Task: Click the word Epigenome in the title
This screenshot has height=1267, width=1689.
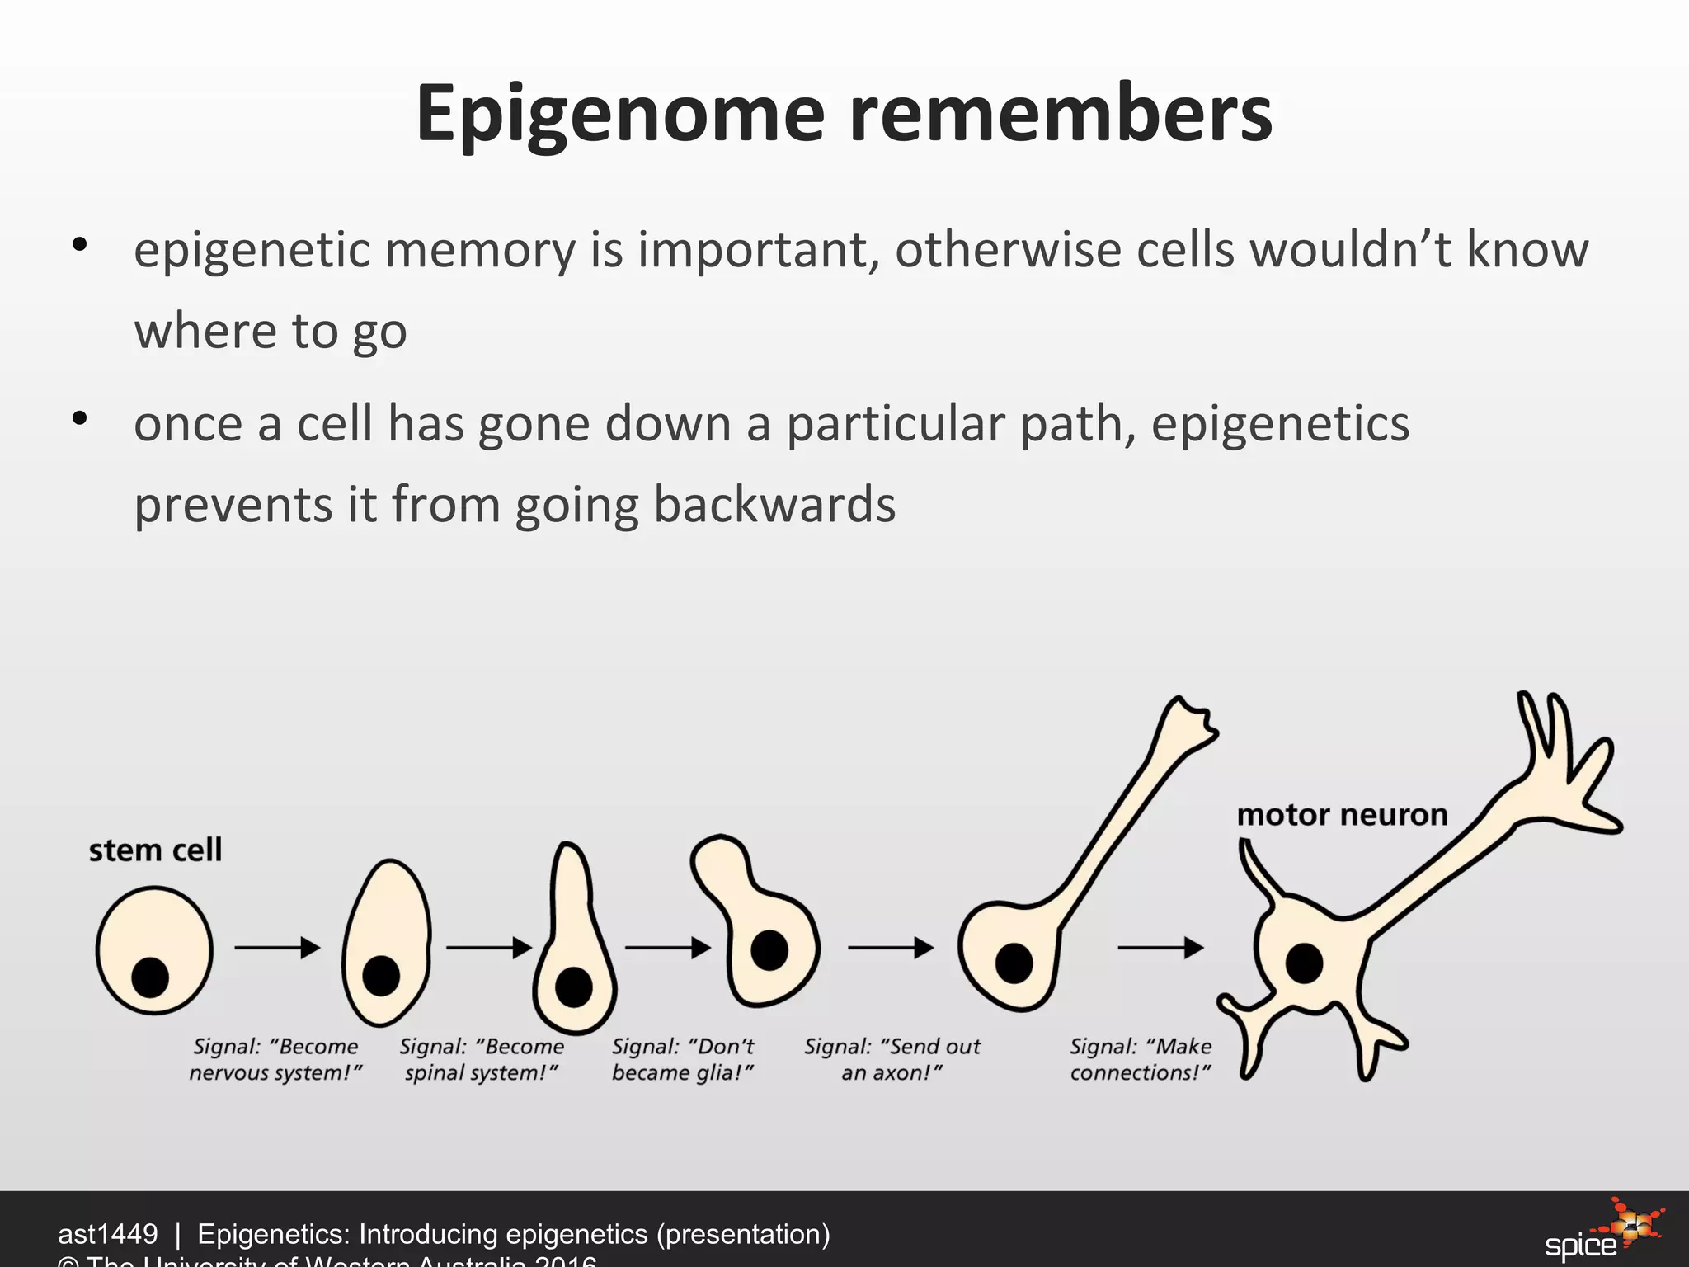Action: click(x=620, y=115)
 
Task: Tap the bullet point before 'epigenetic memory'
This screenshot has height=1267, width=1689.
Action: click(x=79, y=244)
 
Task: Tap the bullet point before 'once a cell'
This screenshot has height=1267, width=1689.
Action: click(x=79, y=419)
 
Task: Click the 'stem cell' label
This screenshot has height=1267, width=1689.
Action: click(x=155, y=850)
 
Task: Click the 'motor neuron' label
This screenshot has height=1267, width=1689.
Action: click(x=1342, y=815)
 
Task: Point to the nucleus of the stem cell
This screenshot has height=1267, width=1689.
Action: click(x=150, y=977)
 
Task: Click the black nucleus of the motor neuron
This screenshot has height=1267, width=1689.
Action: click(x=1304, y=963)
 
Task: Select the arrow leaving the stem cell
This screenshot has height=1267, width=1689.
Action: click(x=277, y=948)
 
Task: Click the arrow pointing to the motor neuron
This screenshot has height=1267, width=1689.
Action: click(x=1160, y=948)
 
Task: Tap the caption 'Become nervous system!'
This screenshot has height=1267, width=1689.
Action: click(x=275, y=1059)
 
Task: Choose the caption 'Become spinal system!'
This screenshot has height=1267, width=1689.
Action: click(x=482, y=1059)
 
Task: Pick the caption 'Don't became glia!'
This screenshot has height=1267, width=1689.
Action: click(x=683, y=1059)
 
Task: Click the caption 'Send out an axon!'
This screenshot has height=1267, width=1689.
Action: click(x=892, y=1059)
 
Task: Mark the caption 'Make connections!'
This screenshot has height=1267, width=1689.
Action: click(x=1141, y=1059)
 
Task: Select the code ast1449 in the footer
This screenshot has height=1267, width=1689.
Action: click(x=107, y=1234)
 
